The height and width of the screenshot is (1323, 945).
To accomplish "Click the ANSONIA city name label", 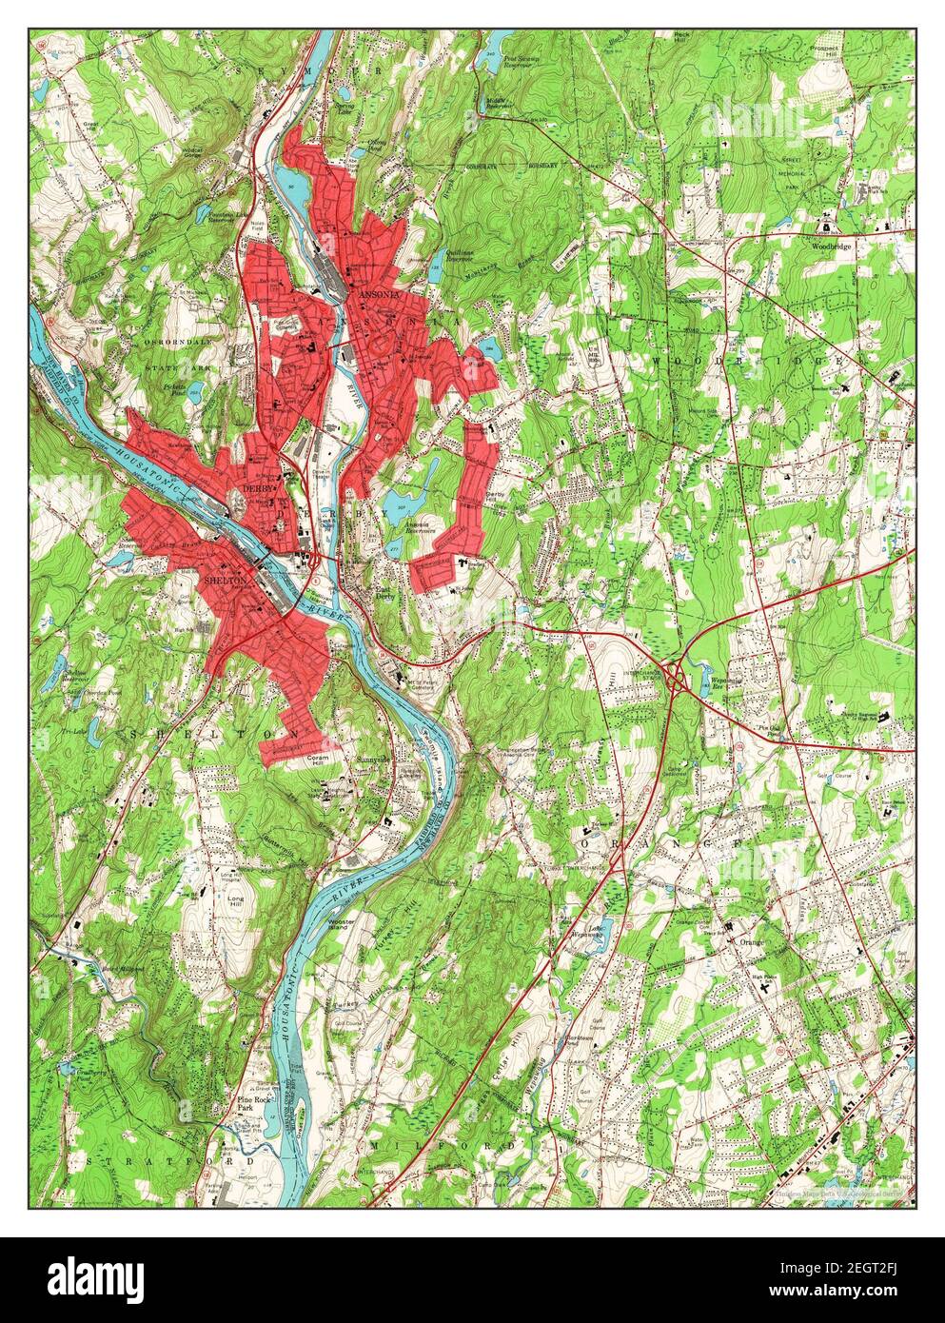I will (374, 296).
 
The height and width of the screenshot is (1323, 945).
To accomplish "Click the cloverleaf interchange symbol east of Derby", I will (677, 677).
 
